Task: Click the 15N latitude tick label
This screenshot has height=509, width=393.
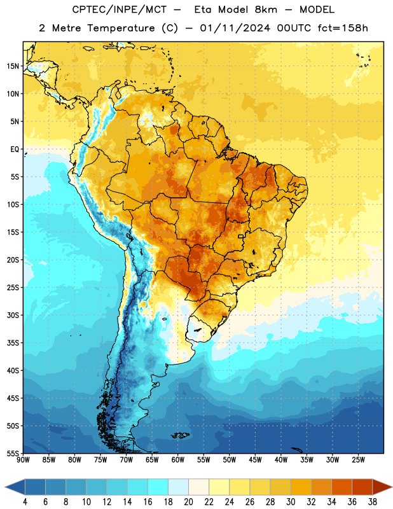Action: (13, 66)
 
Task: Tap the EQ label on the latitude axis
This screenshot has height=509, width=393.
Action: (15, 150)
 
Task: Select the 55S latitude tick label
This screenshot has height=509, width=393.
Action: (13, 454)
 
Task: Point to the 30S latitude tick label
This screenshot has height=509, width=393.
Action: (13, 315)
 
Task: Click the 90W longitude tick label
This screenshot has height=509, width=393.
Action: (23, 460)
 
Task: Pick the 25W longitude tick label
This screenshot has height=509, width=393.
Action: (358, 460)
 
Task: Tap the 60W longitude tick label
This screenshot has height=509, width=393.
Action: (178, 460)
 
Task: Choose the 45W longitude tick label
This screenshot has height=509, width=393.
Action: (256, 460)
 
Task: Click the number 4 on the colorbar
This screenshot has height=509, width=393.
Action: (25, 502)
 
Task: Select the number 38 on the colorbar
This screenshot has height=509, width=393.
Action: (372, 502)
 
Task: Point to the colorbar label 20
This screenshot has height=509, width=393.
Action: (188, 502)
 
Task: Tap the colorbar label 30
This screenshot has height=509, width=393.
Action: (291, 502)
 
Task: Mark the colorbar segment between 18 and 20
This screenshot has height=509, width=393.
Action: (178, 487)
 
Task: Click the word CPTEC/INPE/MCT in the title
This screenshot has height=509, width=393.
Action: (120, 10)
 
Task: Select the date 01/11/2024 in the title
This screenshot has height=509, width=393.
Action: (235, 28)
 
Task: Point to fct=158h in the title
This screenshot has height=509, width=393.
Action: (343, 28)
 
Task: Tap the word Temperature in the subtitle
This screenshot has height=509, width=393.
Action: (121, 28)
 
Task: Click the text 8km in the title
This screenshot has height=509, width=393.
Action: (266, 10)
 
